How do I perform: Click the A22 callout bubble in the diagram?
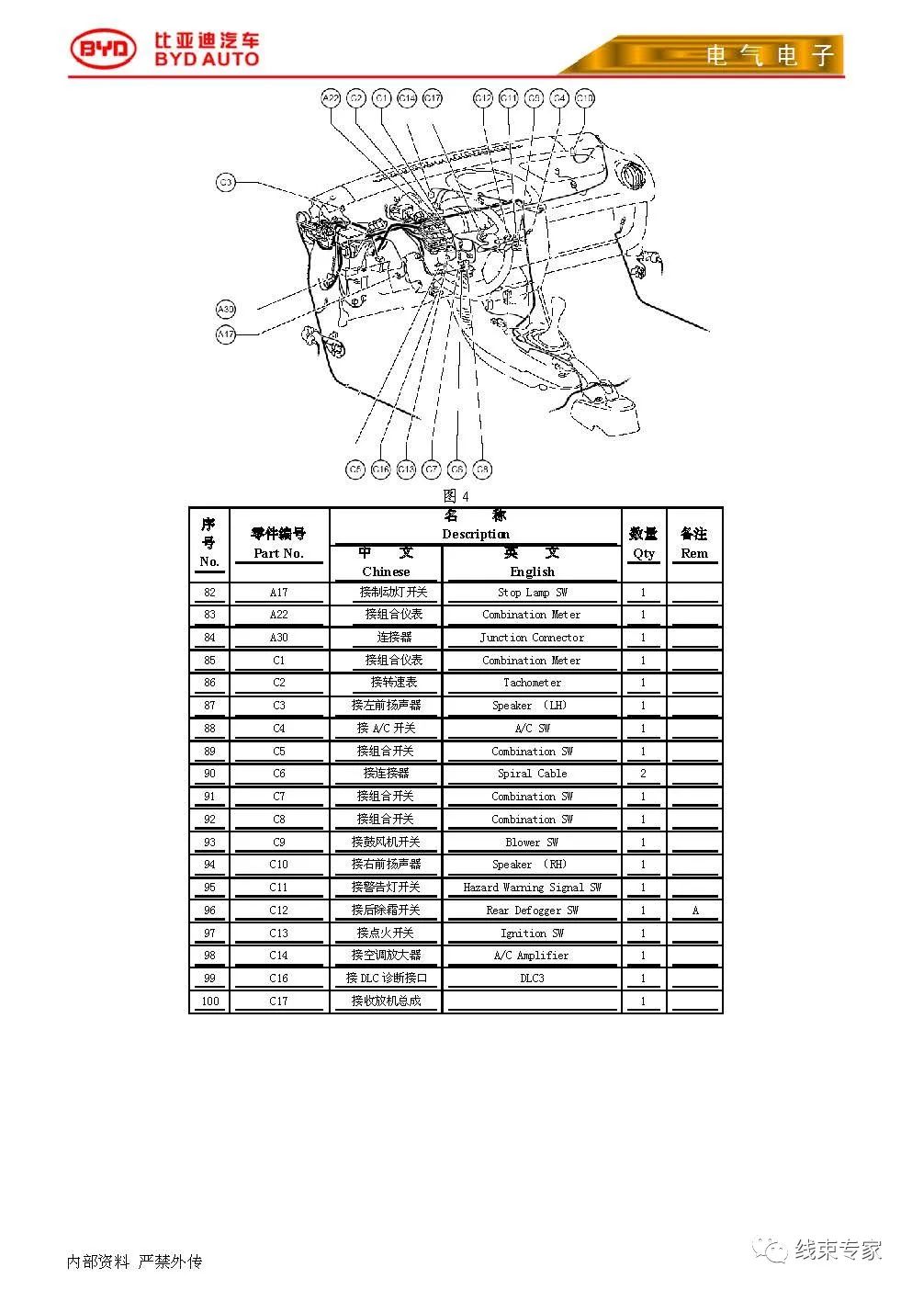[332, 98]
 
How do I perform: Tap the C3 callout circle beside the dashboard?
[226, 183]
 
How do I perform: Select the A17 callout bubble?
[226, 335]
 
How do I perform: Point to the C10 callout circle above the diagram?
[585, 98]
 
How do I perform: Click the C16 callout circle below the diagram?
[381, 470]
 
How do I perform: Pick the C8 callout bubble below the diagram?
[483, 470]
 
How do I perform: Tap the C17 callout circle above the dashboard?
[433, 98]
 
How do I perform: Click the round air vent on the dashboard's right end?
[631, 174]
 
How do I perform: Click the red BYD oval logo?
[103, 50]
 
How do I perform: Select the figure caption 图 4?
[456, 496]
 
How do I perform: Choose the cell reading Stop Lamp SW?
[532, 593]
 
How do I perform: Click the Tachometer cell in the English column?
[532, 683]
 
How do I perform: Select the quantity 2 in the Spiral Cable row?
[643, 774]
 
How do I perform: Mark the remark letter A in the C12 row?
[694, 911]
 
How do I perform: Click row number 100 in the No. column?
[209, 1001]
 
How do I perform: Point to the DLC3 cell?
[532, 979]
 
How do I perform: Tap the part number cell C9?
[278, 842]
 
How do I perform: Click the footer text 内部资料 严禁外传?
[134, 1262]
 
